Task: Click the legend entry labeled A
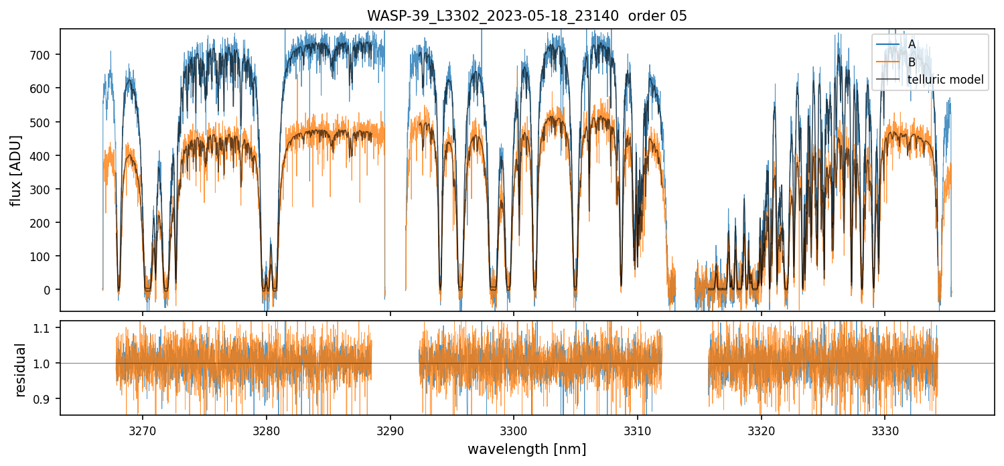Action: click(x=912, y=44)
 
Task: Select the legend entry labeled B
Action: click(x=912, y=62)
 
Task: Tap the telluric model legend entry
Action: click(x=945, y=80)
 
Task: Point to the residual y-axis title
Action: click(x=21, y=370)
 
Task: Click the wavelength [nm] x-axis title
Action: click(x=526, y=449)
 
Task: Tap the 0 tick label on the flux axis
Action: click(x=50, y=290)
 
